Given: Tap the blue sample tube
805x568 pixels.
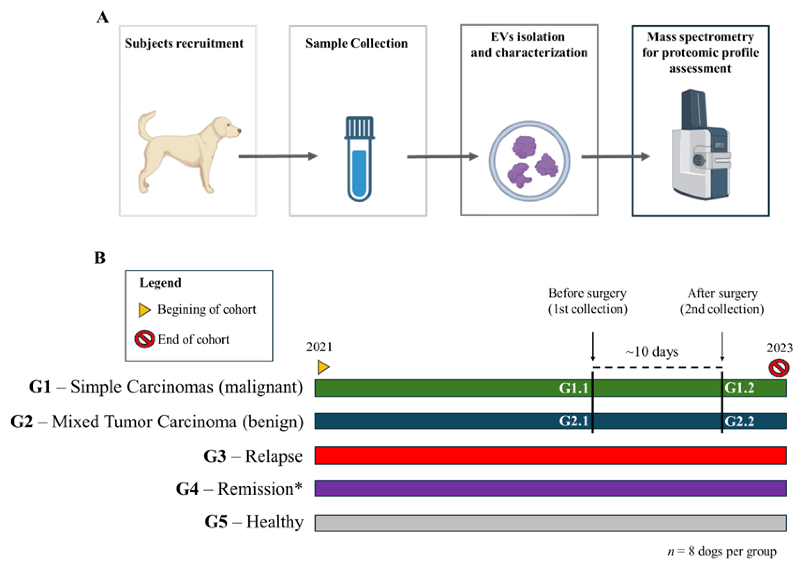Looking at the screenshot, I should (x=359, y=159).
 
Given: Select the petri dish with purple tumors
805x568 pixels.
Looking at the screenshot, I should (x=529, y=161).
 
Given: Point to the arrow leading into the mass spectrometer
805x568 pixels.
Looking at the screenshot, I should (x=615, y=157).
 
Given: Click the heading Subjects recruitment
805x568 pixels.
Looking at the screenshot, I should (x=184, y=43).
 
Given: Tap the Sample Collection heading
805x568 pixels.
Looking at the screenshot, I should (x=356, y=43).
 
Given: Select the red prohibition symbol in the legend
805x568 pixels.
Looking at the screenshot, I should (x=144, y=339).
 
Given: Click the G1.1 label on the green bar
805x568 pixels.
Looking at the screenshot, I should (x=574, y=388).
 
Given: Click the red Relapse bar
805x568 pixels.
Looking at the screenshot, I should (x=550, y=455).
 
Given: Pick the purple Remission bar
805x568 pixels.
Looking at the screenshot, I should (x=550, y=488).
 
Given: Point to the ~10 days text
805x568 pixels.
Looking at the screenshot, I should (x=652, y=352).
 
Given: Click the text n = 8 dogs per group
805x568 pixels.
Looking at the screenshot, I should (x=722, y=551).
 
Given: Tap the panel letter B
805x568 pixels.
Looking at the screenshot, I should (x=100, y=258).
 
